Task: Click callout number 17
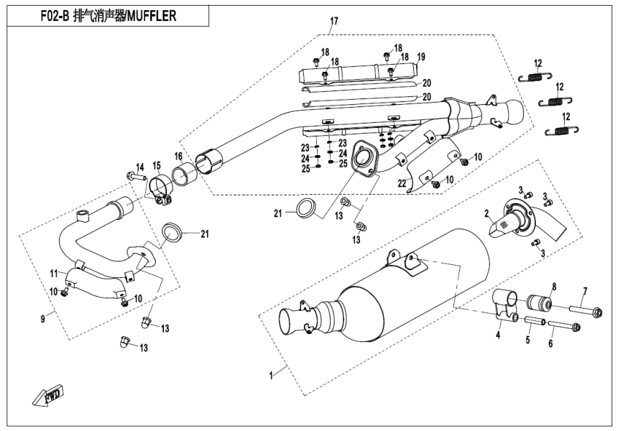click(333, 22)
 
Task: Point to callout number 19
click(422, 56)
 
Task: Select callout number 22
click(403, 182)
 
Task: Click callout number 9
click(43, 318)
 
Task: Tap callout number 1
click(271, 375)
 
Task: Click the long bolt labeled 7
click(586, 312)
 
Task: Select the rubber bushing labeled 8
click(539, 302)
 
